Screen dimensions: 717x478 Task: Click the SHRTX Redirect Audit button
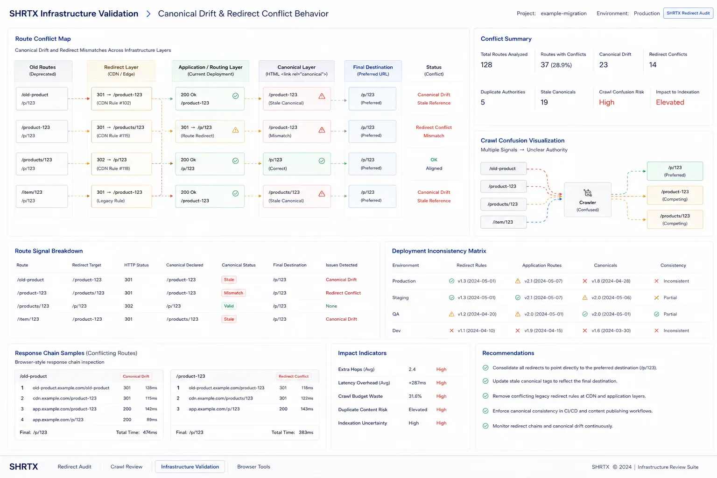[688, 13]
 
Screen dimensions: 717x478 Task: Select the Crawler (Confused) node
[587, 200]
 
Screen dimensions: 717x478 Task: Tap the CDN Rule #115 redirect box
[121, 131]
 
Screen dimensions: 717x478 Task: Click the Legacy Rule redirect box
[121, 196]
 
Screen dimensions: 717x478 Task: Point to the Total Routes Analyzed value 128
[486, 65]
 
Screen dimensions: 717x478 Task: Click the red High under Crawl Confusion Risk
[606, 102]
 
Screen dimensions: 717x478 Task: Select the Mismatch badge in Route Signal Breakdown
[233, 293]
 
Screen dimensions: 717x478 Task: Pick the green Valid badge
[229, 306]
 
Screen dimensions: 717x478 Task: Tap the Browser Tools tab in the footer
[253, 466]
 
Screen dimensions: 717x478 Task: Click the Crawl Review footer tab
[127, 466]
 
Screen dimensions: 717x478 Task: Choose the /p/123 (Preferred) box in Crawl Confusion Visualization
[675, 171]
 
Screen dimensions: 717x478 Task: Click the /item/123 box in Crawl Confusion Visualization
[503, 222]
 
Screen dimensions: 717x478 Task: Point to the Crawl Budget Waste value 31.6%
[415, 396]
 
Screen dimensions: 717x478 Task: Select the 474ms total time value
[150, 432]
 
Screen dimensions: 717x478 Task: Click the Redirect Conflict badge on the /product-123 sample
[294, 376]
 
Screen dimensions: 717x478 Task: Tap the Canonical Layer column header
[296, 70]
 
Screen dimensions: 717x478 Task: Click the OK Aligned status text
[434, 164]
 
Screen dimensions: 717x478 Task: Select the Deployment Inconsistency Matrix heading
[439, 251]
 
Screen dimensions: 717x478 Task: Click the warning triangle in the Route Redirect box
[235, 130]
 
